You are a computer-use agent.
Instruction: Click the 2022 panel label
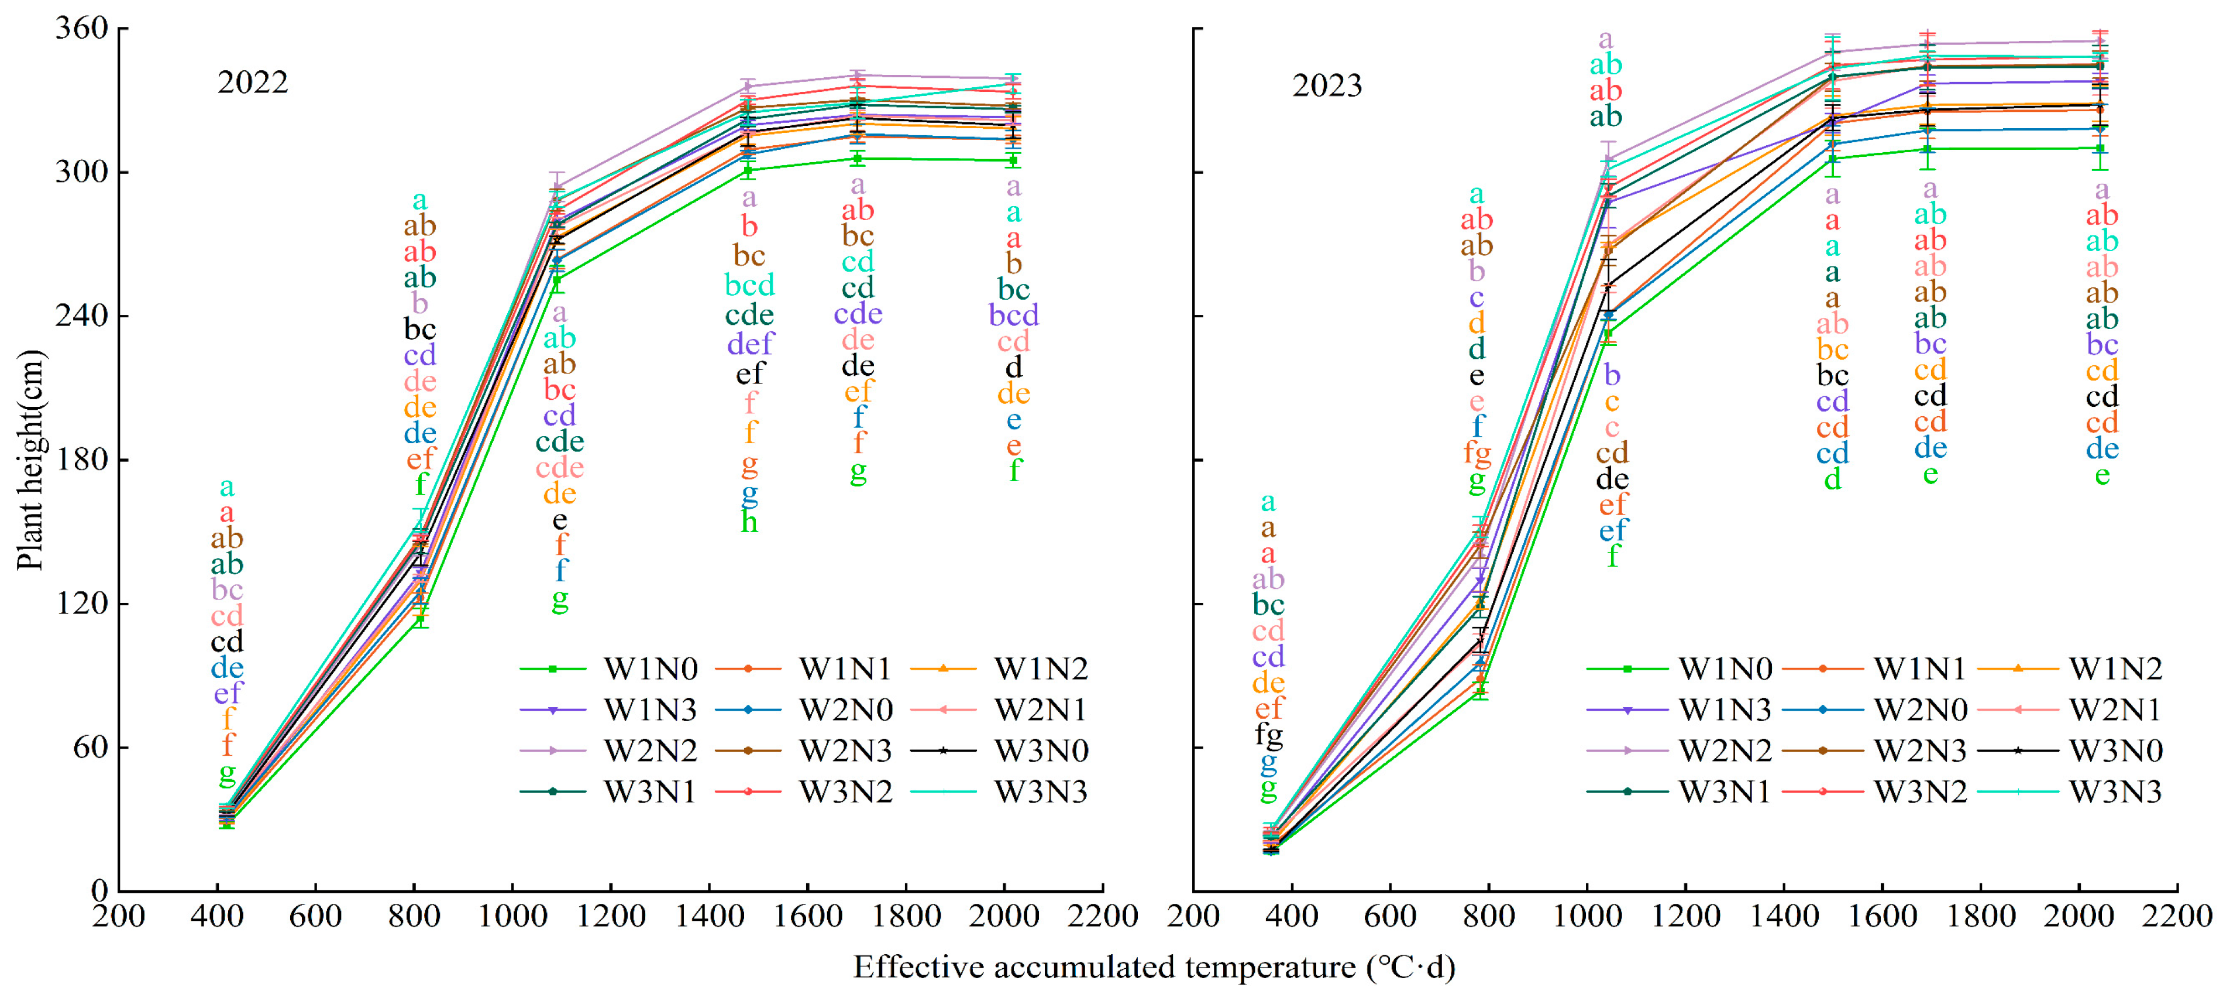click(x=252, y=83)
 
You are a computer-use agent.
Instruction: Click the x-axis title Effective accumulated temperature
click(x=1154, y=966)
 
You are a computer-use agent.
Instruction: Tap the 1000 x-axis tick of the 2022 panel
click(x=512, y=916)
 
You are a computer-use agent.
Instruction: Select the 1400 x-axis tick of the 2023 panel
click(x=1783, y=916)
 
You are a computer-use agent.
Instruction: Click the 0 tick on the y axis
click(x=99, y=890)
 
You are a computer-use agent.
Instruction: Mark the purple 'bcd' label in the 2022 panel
click(x=1014, y=314)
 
